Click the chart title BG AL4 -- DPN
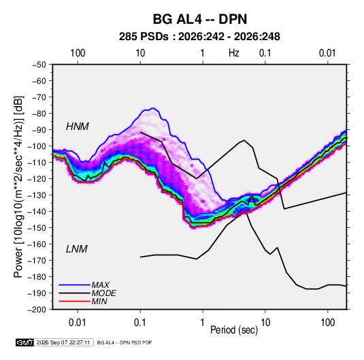point(199,19)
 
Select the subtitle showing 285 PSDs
point(199,37)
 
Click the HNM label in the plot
point(78,127)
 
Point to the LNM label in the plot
point(77,249)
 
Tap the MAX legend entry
point(100,285)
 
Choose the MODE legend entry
point(104,293)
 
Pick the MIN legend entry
point(99,301)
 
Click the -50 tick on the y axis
point(39,65)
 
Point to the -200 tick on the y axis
point(37,310)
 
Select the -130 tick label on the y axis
point(37,195)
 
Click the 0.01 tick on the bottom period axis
point(78,323)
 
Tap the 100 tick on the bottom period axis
point(327,323)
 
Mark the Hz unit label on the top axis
point(234,53)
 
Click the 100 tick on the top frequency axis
point(78,53)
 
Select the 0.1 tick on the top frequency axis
point(265,53)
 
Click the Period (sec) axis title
point(234,330)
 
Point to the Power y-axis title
point(18,187)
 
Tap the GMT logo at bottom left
point(25,342)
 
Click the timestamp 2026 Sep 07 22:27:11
point(63,342)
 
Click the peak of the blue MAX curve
point(153,108)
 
